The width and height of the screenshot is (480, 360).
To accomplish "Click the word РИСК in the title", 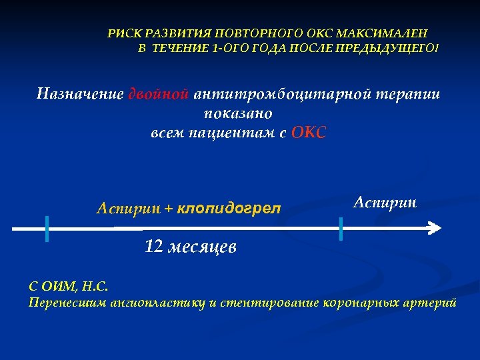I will pos(123,33).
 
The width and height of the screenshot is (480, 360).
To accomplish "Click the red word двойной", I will pos(160,93).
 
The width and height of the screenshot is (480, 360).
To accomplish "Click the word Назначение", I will pos(80,93).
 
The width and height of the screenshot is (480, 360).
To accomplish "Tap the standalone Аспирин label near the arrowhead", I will pos(385,202).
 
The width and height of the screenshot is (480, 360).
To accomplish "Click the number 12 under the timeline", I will pos(153,247).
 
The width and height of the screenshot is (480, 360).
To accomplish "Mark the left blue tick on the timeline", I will pos(47,229).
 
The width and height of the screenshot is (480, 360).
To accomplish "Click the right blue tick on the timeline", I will pos(341,229).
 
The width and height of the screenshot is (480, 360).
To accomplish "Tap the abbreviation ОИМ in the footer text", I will pos(59,287).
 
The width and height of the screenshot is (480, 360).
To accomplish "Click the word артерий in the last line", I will pos(434,303).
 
